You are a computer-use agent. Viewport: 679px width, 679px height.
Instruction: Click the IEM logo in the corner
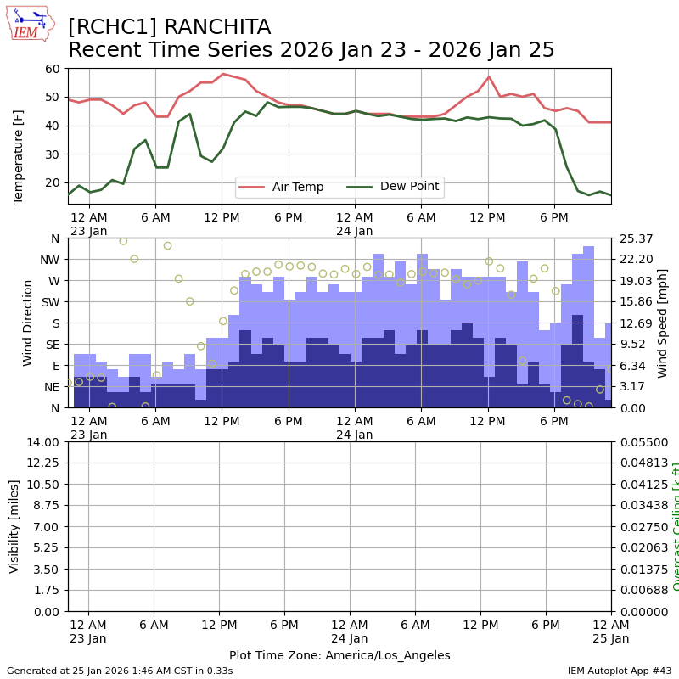[x=29, y=23]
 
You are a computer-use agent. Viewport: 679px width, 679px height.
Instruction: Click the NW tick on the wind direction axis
[x=49, y=260]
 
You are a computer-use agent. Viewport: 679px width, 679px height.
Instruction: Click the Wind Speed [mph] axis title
[x=663, y=323]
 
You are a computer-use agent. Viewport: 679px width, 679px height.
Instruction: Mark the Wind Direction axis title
[x=28, y=323]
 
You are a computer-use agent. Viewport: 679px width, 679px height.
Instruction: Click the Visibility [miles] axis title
[x=14, y=526]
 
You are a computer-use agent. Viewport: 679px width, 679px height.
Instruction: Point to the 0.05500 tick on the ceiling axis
[x=644, y=442]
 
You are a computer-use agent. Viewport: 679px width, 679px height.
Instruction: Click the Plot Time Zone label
[x=339, y=655]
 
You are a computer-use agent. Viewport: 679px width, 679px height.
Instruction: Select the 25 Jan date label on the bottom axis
[x=611, y=638]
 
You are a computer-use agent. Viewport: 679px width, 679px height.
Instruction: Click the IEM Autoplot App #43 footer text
[x=619, y=671]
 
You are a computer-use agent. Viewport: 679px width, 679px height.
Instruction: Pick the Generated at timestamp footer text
[x=120, y=671]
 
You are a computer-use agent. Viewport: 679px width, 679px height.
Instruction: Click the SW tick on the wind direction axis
[x=49, y=302]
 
